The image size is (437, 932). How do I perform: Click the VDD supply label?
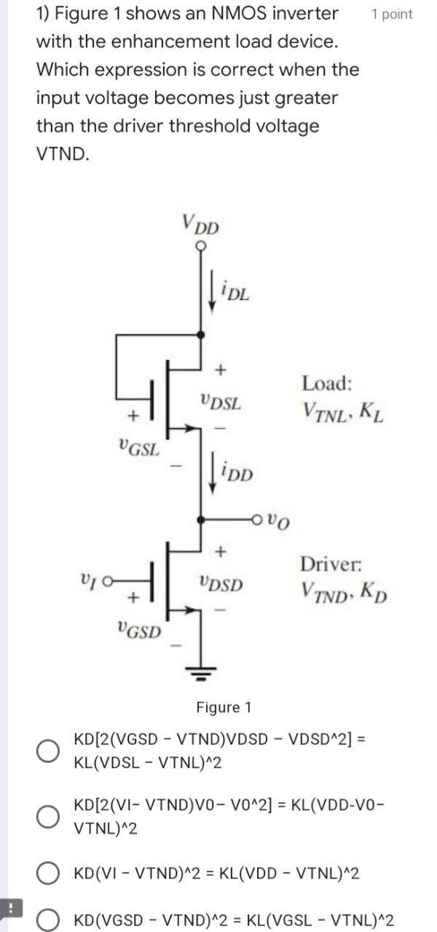[200, 225]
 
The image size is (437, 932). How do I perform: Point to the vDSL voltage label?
[221, 401]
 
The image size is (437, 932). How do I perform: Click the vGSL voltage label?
[138, 446]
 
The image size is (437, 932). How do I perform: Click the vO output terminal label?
[278, 520]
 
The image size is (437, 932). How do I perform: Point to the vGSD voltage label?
[138, 629]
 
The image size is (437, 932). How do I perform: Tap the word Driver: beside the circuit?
[331, 564]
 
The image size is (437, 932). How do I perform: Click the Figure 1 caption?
[224, 707]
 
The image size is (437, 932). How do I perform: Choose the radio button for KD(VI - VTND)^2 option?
[48, 872]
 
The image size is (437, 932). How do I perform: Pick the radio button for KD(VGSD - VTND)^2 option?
[48, 920]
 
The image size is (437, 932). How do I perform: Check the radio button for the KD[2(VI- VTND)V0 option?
[48, 817]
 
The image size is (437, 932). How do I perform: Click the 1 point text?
[391, 15]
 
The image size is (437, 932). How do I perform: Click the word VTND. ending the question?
[63, 154]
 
